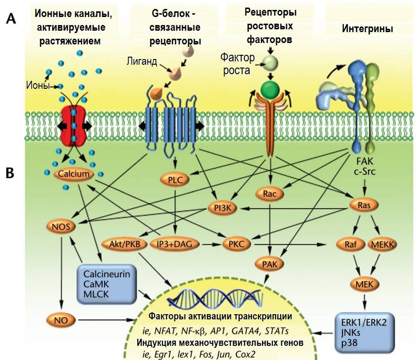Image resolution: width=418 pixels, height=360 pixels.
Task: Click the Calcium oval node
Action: point(73,174)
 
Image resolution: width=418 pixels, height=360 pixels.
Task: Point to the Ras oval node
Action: point(362,206)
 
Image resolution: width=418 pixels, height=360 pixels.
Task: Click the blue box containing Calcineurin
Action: point(104,284)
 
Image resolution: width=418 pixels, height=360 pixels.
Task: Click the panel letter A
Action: point(13,19)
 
